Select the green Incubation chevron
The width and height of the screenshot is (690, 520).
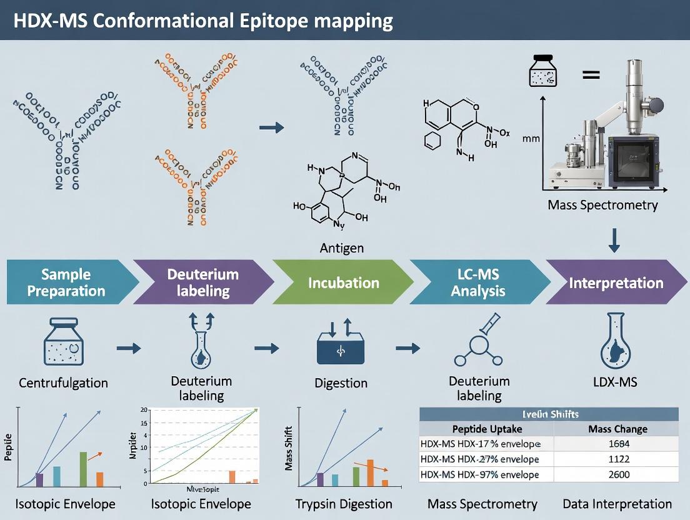pos(343,282)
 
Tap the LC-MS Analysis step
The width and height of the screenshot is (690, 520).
pos(478,282)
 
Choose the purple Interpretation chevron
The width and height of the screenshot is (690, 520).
pos(615,282)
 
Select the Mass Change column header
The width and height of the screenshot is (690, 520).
pos(617,429)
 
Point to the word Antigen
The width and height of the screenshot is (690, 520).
pos(341,248)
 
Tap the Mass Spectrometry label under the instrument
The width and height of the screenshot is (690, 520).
pos(602,205)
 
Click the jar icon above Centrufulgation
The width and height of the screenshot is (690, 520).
pos(63,342)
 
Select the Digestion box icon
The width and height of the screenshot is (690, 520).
pos(340,350)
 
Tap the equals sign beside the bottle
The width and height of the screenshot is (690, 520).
pos(591,75)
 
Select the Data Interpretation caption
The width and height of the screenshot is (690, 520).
pos(617,504)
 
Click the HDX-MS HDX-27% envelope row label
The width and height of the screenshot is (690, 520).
pos(479,459)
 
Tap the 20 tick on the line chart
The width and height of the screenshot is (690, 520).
pos(144,410)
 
